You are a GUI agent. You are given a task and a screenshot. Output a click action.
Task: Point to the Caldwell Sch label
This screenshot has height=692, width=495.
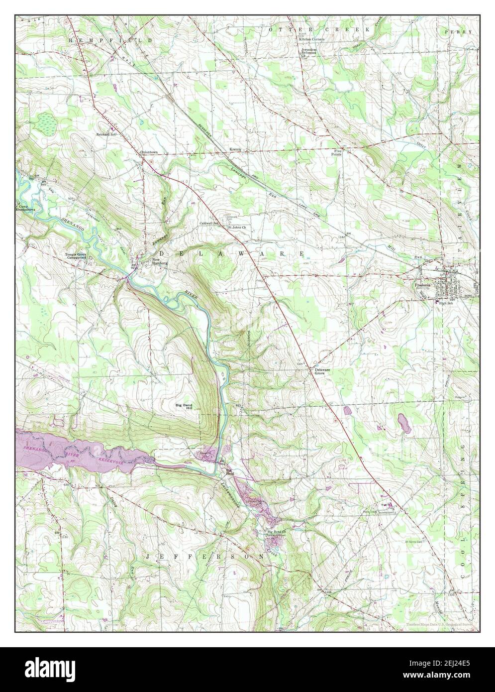209,224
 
